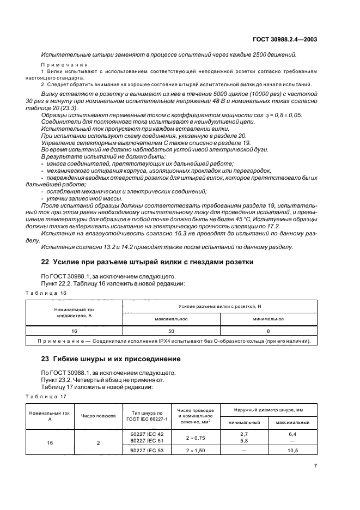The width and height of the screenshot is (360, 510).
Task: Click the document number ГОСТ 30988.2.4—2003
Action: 286,39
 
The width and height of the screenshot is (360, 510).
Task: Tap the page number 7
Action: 315,466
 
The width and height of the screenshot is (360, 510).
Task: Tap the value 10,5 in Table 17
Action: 293,451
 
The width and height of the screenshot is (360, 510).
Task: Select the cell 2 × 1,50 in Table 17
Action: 195,451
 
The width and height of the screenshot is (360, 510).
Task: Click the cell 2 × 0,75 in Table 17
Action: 195,437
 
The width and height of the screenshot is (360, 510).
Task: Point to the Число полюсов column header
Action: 99,415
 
